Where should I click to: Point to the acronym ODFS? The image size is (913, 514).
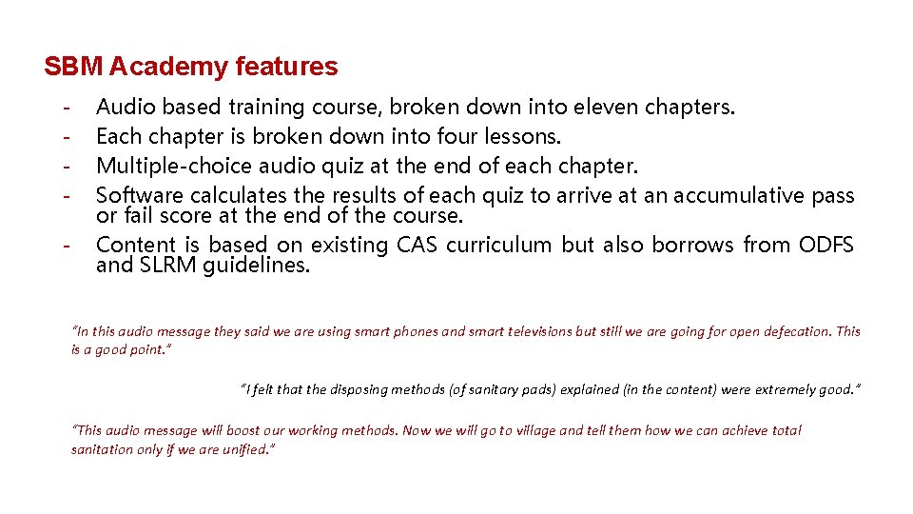(x=826, y=245)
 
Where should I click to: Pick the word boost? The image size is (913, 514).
(x=224, y=430)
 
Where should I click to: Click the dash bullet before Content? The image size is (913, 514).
(x=68, y=246)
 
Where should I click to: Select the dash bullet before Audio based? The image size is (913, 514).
(x=68, y=108)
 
